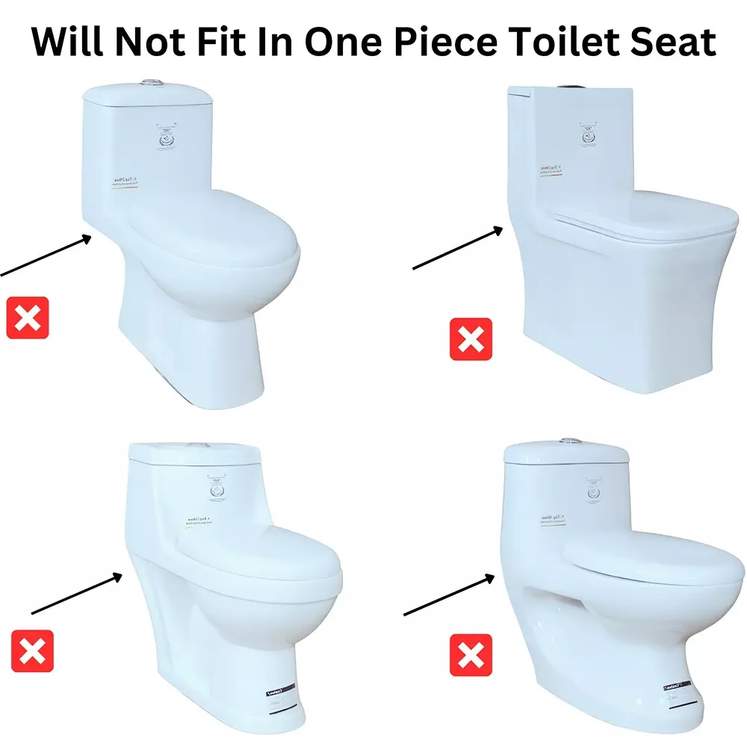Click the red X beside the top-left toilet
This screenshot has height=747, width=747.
point(28,317)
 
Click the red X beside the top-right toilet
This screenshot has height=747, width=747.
point(471,339)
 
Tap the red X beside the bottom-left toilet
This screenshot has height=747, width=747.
point(32,651)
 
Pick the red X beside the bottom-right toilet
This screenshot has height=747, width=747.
point(471,655)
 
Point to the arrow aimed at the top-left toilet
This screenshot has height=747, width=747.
point(45,257)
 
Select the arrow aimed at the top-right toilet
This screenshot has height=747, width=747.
point(458,249)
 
